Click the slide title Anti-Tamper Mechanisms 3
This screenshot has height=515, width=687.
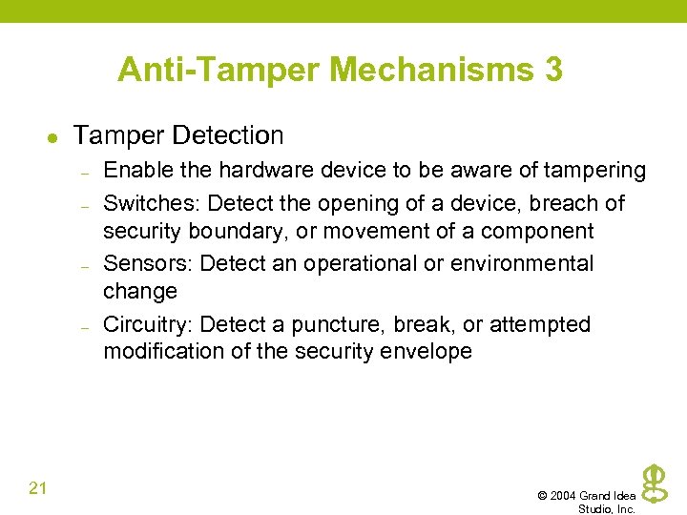click(x=340, y=69)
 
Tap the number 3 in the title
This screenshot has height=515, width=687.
click(x=553, y=69)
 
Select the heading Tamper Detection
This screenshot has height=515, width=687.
click(x=178, y=135)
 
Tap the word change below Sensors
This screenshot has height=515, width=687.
click(x=140, y=291)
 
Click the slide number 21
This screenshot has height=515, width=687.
click(x=38, y=488)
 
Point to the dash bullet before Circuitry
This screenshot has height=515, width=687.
click(x=85, y=326)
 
